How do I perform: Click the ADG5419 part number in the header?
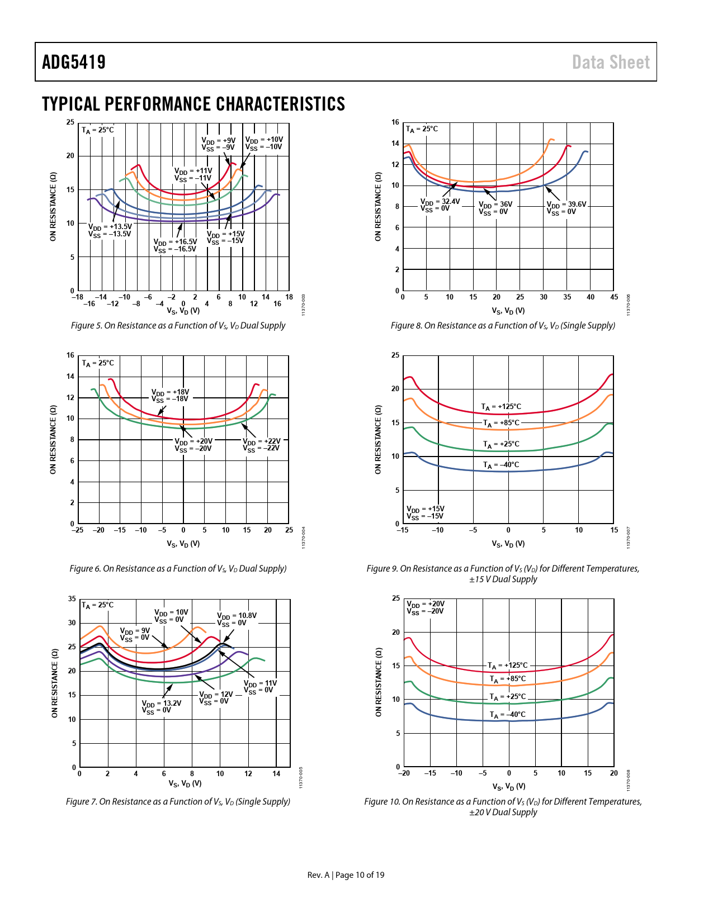pos(74,62)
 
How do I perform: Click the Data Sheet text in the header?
pos(611,62)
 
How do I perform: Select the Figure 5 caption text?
pos(178,326)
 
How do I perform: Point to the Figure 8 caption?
pos(503,326)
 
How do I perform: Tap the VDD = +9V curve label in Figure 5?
pos(218,144)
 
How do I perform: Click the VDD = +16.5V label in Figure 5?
pos(175,246)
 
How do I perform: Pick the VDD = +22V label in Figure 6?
pos(261,445)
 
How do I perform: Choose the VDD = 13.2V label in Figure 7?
pos(161,707)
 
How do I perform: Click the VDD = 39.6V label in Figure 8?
pos(566,208)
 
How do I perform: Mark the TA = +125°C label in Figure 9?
pos(501,407)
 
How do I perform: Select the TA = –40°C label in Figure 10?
pos(507,715)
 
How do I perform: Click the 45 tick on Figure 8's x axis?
pos(614,297)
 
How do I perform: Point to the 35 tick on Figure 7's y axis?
pos(72,599)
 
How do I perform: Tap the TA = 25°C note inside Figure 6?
pos(98,363)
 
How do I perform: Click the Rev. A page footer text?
pos(346,875)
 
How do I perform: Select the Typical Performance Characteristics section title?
pos(193,104)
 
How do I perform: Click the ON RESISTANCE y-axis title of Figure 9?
pos(378,440)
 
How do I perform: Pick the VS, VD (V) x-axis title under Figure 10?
pos(509,787)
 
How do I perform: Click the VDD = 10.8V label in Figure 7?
pos(237,619)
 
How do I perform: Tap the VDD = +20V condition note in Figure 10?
pos(425,607)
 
